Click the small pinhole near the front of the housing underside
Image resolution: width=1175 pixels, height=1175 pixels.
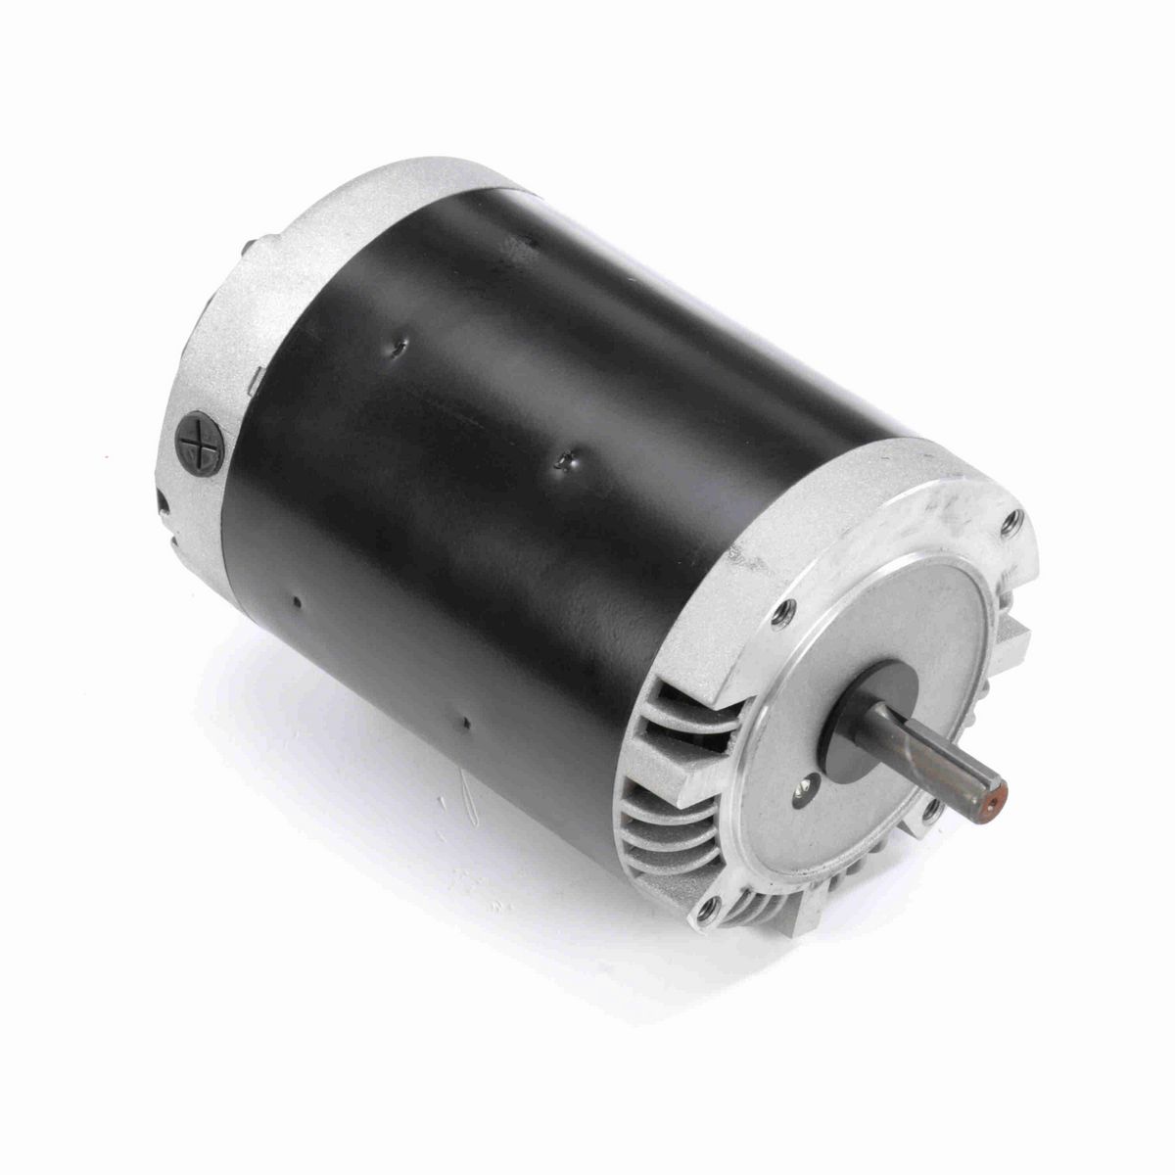pos(467,724)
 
